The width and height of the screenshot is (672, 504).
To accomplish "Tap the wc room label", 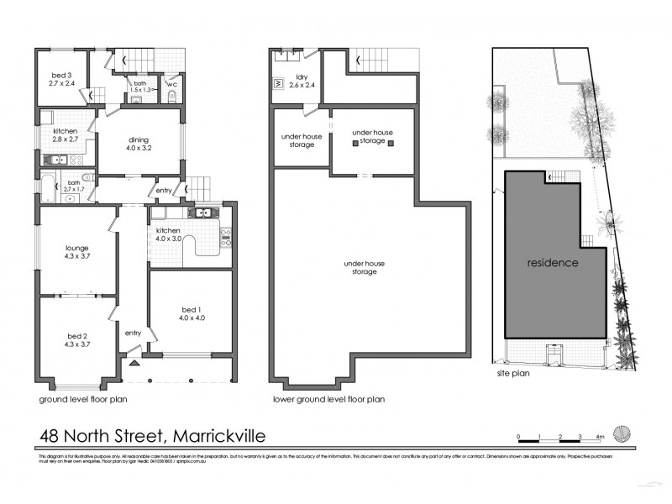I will (171, 85).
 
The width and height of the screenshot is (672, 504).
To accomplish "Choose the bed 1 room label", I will (192, 312).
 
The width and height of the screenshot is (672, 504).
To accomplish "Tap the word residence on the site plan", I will (553, 263).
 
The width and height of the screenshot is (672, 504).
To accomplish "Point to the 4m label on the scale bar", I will (600, 437).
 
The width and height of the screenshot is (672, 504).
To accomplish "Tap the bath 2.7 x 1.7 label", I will (75, 186).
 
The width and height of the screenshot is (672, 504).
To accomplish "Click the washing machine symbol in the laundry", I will (278, 84).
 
